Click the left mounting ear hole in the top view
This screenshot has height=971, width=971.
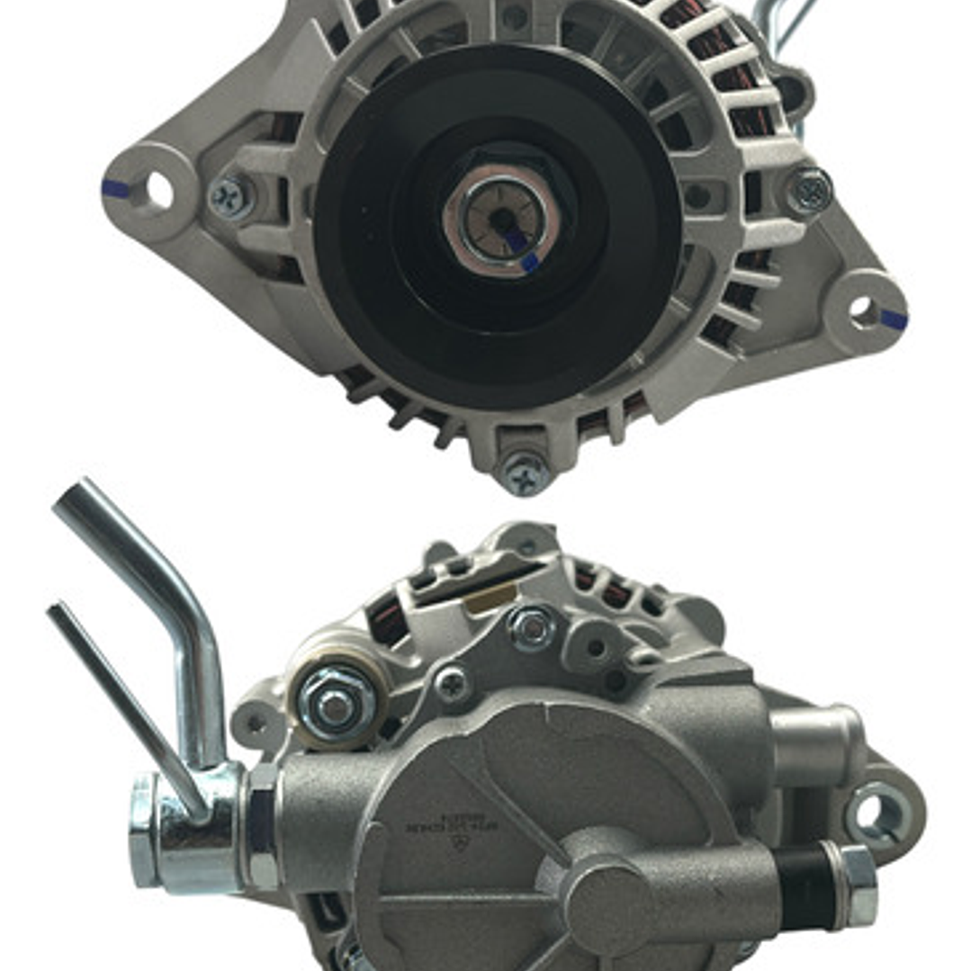pyautogui.click(x=158, y=189)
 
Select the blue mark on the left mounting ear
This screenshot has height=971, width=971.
pyautogui.click(x=115, y=188)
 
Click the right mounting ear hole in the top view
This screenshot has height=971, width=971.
pyautogui.click(x=862, y=310)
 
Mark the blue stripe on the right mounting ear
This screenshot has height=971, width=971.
pyautogui.click(x=894, y=319)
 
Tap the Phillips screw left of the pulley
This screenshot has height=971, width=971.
pyautogui.click(x=230, y=195)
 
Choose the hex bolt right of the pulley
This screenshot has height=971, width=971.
pyautogui.click(x=807, y=190)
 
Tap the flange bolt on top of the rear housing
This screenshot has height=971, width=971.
pyautogui.click(x=532, y=627)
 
